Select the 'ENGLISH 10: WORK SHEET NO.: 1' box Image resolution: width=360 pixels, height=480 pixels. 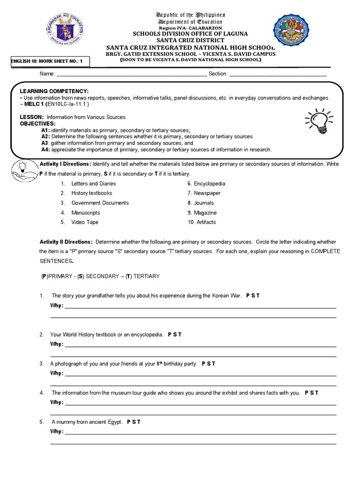[x=46, y=61]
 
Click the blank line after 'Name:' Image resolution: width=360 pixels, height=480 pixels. [x=131, y=74]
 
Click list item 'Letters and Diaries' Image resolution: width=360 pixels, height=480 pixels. [x=93, y=184]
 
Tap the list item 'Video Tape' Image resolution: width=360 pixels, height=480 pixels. [x=85, y=222]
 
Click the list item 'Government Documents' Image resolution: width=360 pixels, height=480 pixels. [x=100, y=203]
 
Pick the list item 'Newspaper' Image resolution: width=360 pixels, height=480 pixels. [x=207, y=193]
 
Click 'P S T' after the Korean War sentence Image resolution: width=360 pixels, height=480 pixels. [x=253, y=296]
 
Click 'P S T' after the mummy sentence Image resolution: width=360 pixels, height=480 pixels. [x=134, y=422]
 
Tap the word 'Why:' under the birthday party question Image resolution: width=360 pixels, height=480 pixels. [x=56, y=374]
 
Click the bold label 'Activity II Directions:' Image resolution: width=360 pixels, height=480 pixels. [x=66, y=242]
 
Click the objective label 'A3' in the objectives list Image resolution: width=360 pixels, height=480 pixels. [x=45, y=143]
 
